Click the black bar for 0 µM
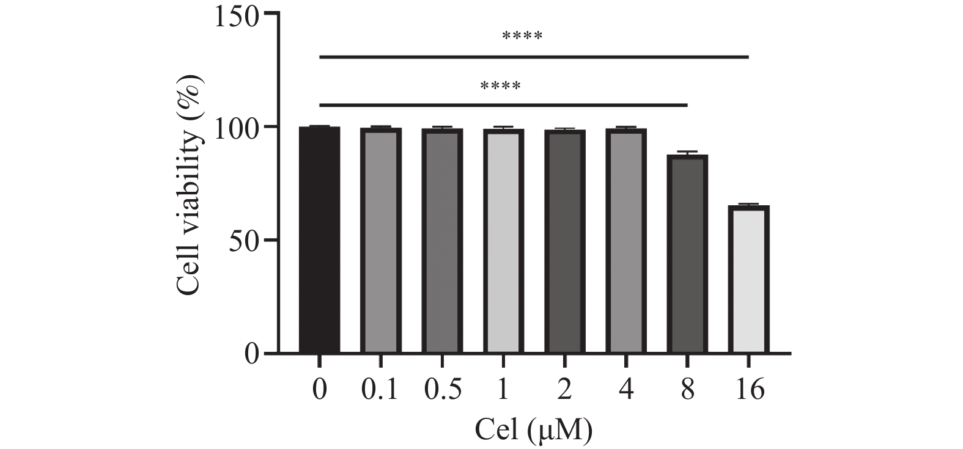pyautogui.click(x=319, y=239)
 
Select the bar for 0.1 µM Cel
pyautogui.click(x=381, y=241)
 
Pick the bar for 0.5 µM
pyautogui.click(x=442, y=241)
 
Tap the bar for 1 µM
pyautogui.click(x=503, y=241)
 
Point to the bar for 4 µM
pyautogui.click(x=626, y=241)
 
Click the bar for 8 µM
pyautogui.click(x=687, y=254)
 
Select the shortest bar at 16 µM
pyautogui.click(x=749, y=279)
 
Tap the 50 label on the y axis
pyautogui.click(x=244, y=240)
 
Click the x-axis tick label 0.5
pyautogui.click(x=441, y=389)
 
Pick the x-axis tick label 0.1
pyautogui.click(x=380, y=389)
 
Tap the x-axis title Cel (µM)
pyautogui.click(x=534, y=429)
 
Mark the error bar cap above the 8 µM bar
pyautogui.click(x=687, y=151)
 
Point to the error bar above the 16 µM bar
pyautogui.click(x=749, y=204)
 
